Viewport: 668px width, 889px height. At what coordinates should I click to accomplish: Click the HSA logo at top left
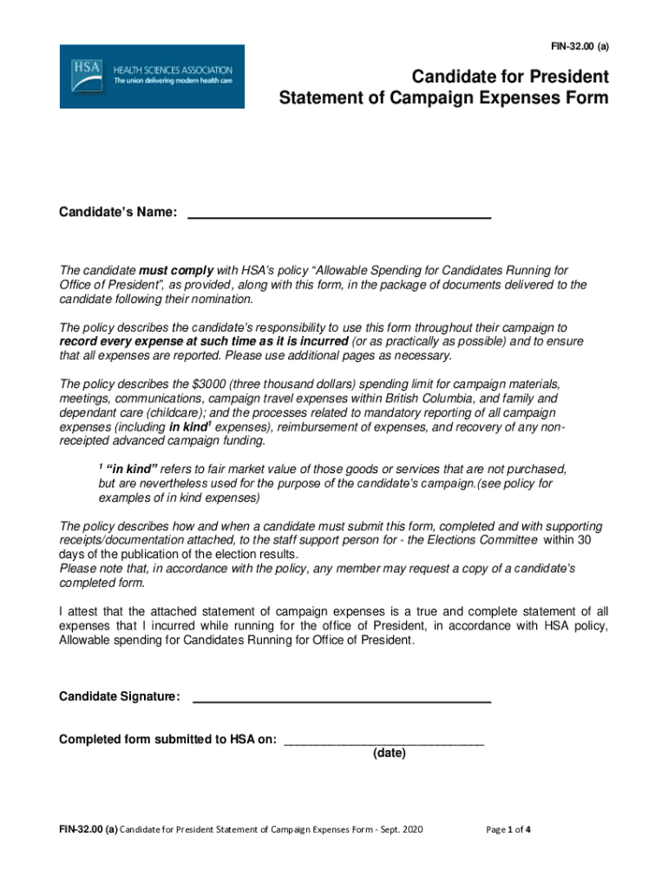(x=152, y=76)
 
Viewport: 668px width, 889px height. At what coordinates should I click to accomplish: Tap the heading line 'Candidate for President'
(x=510, y=76)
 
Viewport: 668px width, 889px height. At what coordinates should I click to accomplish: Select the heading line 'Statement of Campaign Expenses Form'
(x=443, y=98)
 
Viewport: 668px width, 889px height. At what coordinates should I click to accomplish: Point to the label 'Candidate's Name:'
(x=118, y=213)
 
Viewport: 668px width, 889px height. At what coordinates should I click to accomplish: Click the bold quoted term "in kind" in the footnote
(x=132, y=469)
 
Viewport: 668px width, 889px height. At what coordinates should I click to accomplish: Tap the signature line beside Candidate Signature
(x=341, y=699)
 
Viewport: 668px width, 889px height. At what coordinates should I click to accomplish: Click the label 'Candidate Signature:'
(x=120, y=696)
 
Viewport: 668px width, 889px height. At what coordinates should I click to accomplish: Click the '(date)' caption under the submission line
(x=390, y=754)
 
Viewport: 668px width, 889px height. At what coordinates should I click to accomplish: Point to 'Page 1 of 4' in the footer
(x=508, y=830)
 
